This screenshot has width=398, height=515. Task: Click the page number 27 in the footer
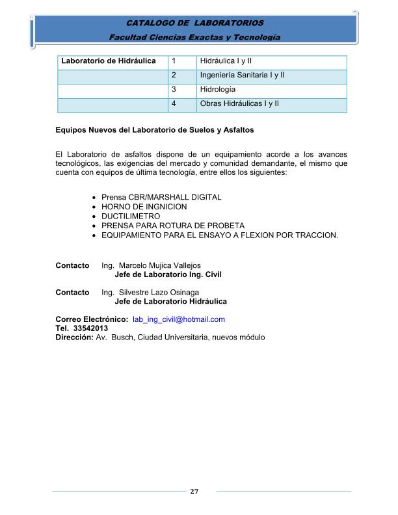coord(193,492)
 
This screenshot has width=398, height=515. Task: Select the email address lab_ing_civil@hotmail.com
coord(178,319)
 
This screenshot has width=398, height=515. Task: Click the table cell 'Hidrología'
coord(218,89)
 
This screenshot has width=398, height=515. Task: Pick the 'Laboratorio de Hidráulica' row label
coord(108,61)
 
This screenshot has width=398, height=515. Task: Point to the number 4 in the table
coord(174,104)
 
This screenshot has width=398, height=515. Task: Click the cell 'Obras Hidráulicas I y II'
coord(239,104)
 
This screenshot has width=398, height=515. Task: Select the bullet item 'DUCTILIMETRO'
coord(131,216)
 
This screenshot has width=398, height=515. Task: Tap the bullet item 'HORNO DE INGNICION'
coord(144,207)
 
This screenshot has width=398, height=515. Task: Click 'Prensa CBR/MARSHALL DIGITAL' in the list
coord(161,197)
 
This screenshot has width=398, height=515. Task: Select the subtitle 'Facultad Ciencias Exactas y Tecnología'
coord(194,37)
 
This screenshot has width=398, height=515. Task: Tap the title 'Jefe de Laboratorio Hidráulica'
coord(170,302)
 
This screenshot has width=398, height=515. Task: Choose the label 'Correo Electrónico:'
coord(92,319)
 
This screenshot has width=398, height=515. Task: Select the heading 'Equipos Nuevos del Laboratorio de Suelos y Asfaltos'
coord(155,131)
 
